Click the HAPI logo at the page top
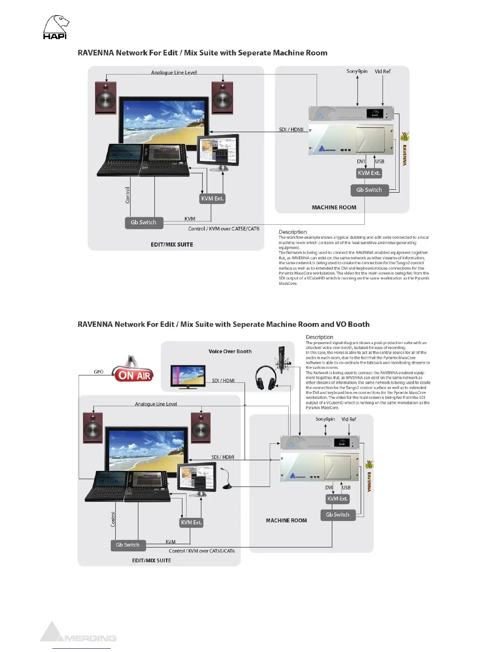coord(56,27)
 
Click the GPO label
coord(98,372)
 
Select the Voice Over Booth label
coord(230,351)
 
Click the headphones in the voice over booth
coord(266,377)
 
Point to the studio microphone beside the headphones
coord(282,359)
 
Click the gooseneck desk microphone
coord(227,479)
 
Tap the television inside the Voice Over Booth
coord(188,376)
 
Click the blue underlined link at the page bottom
coord(82,648)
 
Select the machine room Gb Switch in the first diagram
coord(369,190)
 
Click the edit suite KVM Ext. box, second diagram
coord(191,522)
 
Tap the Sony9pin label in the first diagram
coord(357,71)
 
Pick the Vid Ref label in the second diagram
coord(349,419)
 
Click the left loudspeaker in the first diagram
coord(106,98)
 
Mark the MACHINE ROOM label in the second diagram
coord(286,520)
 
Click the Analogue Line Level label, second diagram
coord(156,404)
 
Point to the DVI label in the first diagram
coord(361,161)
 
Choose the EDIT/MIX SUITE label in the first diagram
coord(172,244)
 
